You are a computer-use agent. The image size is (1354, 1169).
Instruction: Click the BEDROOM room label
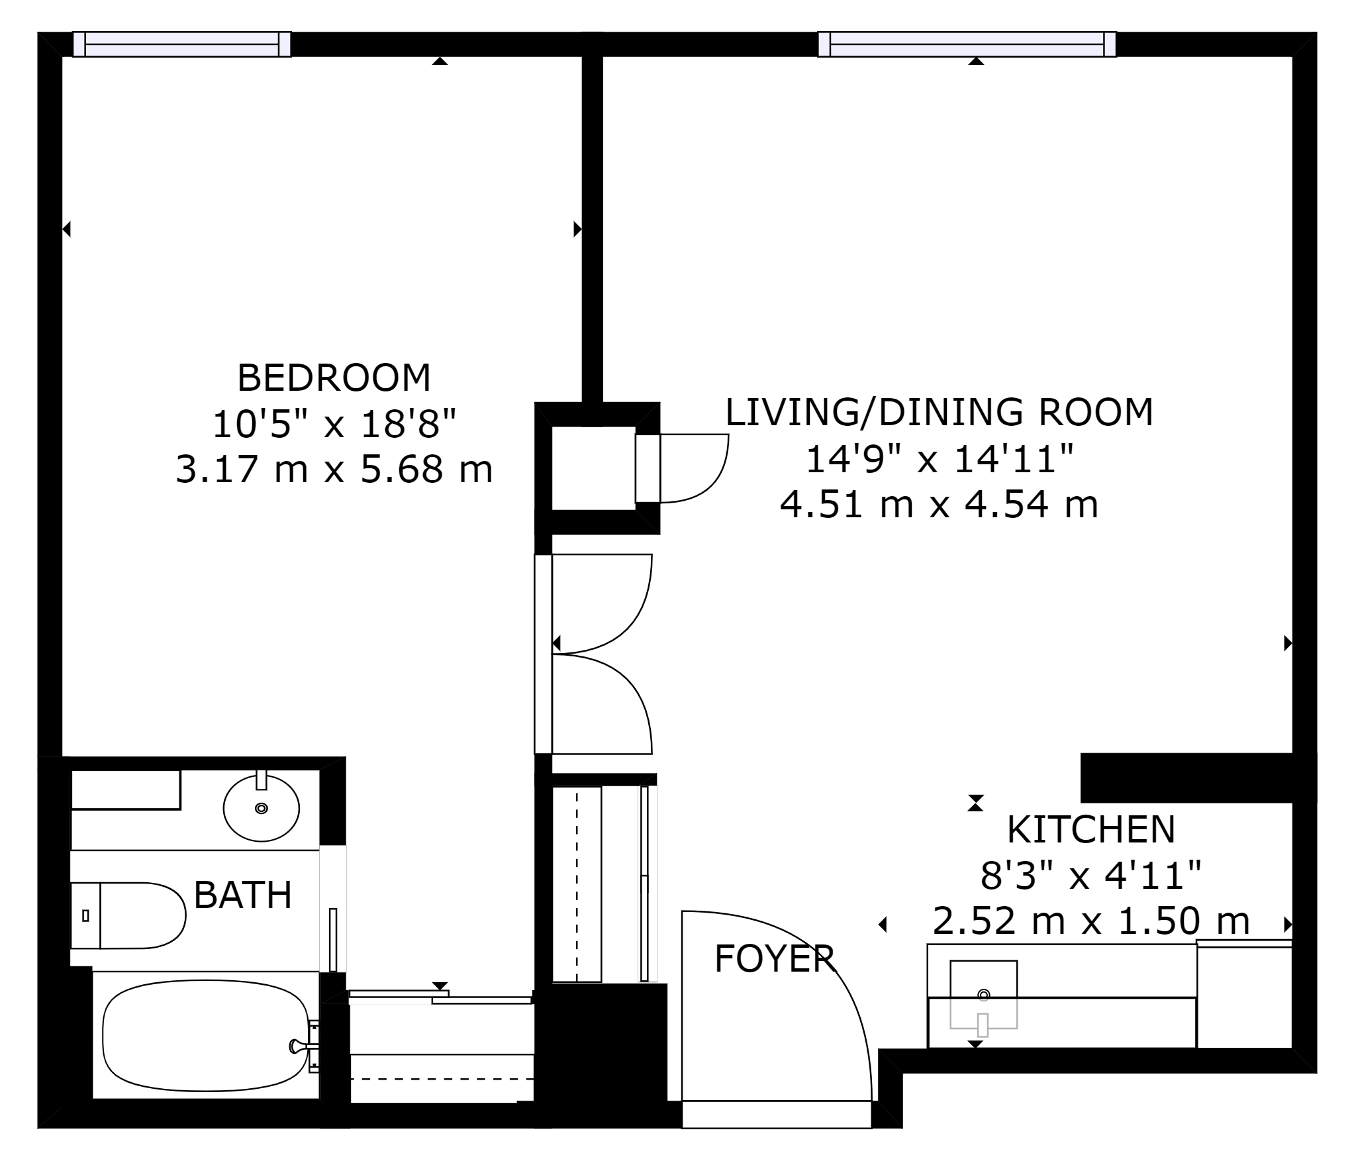[x=334, y=378]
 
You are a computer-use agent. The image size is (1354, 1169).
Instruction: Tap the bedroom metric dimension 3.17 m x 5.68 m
[x=334, y=470]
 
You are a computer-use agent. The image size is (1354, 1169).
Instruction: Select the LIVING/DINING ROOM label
[x=940, y=412]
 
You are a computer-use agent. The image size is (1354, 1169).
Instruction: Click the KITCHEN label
[x=1091, y=829]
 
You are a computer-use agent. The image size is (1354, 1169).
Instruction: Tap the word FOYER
[x=775, y=958]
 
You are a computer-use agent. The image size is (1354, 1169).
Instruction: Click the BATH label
[x=243, y=895]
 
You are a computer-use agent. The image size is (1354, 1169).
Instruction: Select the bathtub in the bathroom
[x=205, y=1035]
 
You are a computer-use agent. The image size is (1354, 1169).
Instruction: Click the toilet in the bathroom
[x=128, y=915]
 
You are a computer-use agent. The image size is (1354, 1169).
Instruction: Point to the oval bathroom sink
[x=262, y=808]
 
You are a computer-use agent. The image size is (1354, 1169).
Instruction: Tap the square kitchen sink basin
[x=983, y=994]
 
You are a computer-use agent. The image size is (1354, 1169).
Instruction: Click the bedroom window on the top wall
[x=182, y=44]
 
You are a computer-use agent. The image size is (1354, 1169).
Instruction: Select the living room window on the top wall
[x=967, y=44]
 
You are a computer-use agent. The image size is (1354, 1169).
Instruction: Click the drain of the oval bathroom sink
[x=262, y=808]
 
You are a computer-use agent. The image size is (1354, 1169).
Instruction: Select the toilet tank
[x=85, y=915]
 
